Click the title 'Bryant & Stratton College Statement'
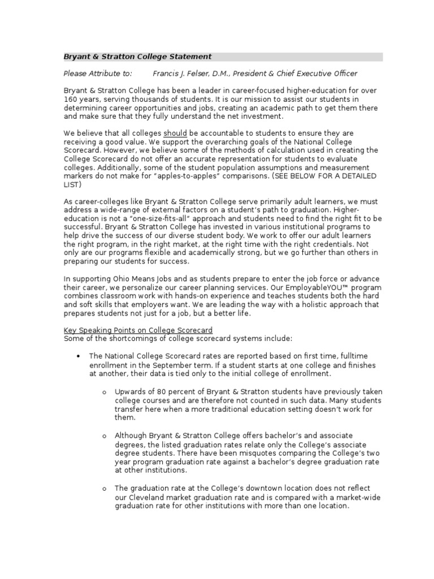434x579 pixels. coord(137,57)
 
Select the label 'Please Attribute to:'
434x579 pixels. coord(98,74)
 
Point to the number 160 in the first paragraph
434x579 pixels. coord(71,99)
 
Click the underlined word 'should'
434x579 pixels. coord(175,133)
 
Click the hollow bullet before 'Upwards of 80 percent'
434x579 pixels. coord(105,392)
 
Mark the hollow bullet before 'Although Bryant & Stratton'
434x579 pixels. coord(105,436)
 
